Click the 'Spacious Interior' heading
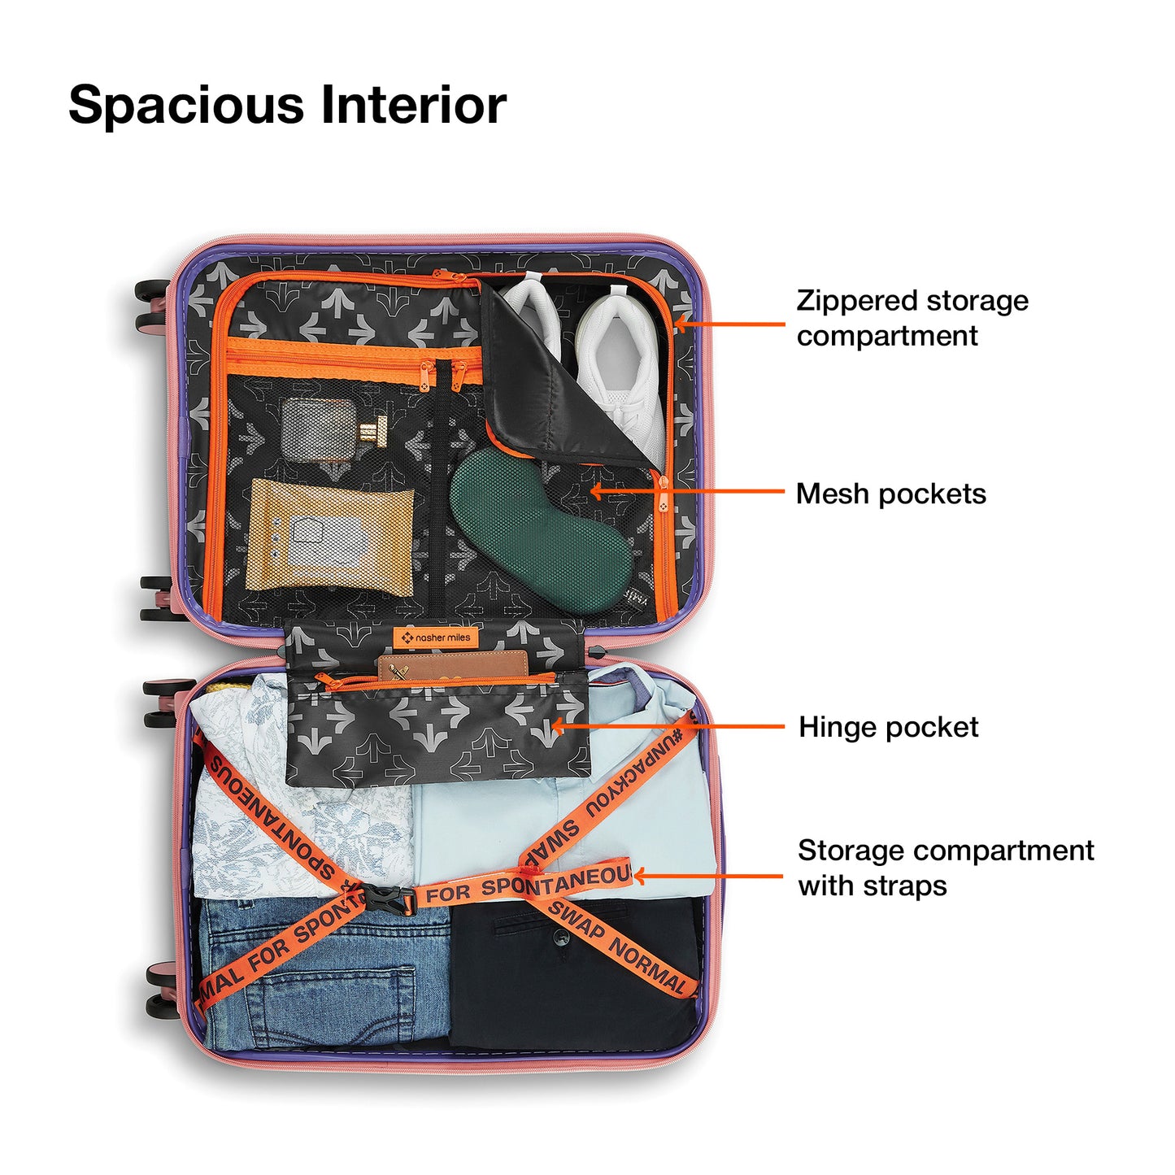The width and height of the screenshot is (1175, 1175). pyautogui.click(x=287, y=106)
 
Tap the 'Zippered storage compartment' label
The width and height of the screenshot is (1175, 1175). pyautogui.click(x=912, y=318)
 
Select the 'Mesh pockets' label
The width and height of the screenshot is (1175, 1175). pyautogui.click(x=890, y=494)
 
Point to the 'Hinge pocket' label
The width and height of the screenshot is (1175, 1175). pyautogui.click(x=888, y=727)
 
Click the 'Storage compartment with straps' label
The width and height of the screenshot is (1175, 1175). pyautogui.click(x=945, y=868)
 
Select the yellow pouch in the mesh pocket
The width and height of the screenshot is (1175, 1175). pyautogui.click(x=328, y=534)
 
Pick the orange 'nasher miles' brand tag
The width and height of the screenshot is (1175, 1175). pyautogui.click(x=435, y=638)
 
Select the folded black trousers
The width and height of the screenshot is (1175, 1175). pyautogui.click(x=569, y=976)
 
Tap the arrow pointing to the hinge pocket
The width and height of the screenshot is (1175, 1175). pyautogui.click(x=667, y=726)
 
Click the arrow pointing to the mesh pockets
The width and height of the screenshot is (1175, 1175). pyautogui.click(x=687, y=491)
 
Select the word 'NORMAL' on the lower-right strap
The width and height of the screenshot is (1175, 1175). pyautogui.click(x=648, y=968)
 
